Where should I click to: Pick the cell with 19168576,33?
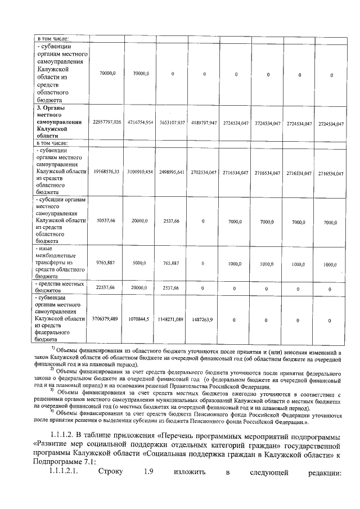click(x=105, y=171)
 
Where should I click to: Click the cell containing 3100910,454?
click(x=141, y=171)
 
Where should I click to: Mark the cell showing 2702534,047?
click(x=204, y=171)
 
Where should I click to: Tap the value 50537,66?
click(x=105, y=221)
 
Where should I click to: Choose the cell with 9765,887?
click(x=105, y=263)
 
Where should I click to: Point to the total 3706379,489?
click(x=105, y=319)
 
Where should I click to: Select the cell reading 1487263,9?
click(x=204, y=319)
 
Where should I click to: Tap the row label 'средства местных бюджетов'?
click(x=59, y=287)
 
